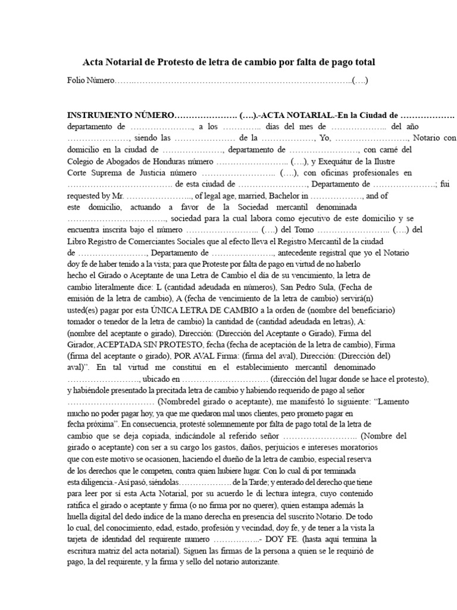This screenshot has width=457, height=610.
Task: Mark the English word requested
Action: pos(87,195)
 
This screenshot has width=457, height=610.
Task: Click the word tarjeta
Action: pos(80,539)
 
